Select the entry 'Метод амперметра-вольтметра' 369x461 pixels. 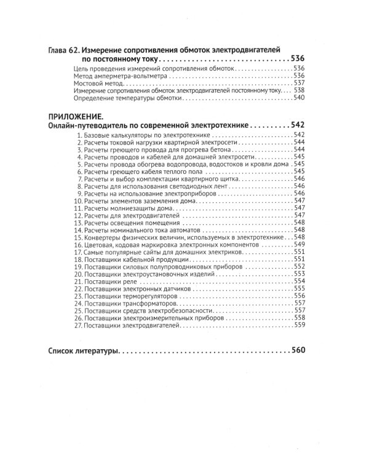(x=114, y=75)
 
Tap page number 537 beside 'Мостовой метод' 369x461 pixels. (x=300, y=82)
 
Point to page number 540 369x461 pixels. (x=300, y=98)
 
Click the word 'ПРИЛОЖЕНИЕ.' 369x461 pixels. (x=74, y=116)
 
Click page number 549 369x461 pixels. (x=300, y=244)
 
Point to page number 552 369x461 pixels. (x=300, y=266)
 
